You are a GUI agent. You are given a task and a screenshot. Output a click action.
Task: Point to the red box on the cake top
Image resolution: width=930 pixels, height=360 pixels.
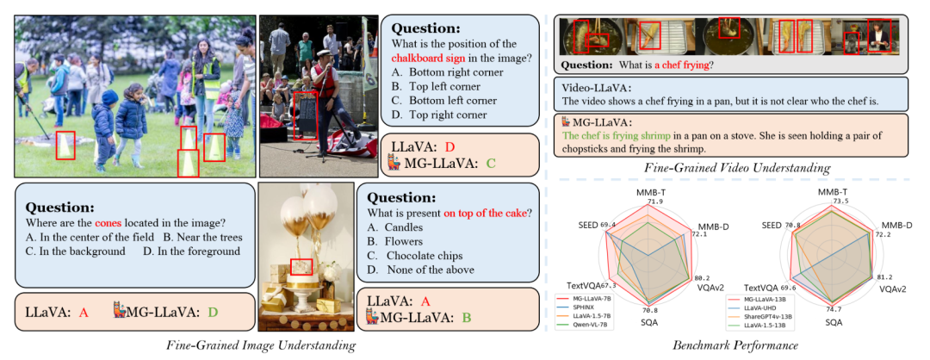coord(301,266)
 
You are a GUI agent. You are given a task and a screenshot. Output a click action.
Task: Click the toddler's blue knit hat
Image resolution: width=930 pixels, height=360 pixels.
coord(108,97)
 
